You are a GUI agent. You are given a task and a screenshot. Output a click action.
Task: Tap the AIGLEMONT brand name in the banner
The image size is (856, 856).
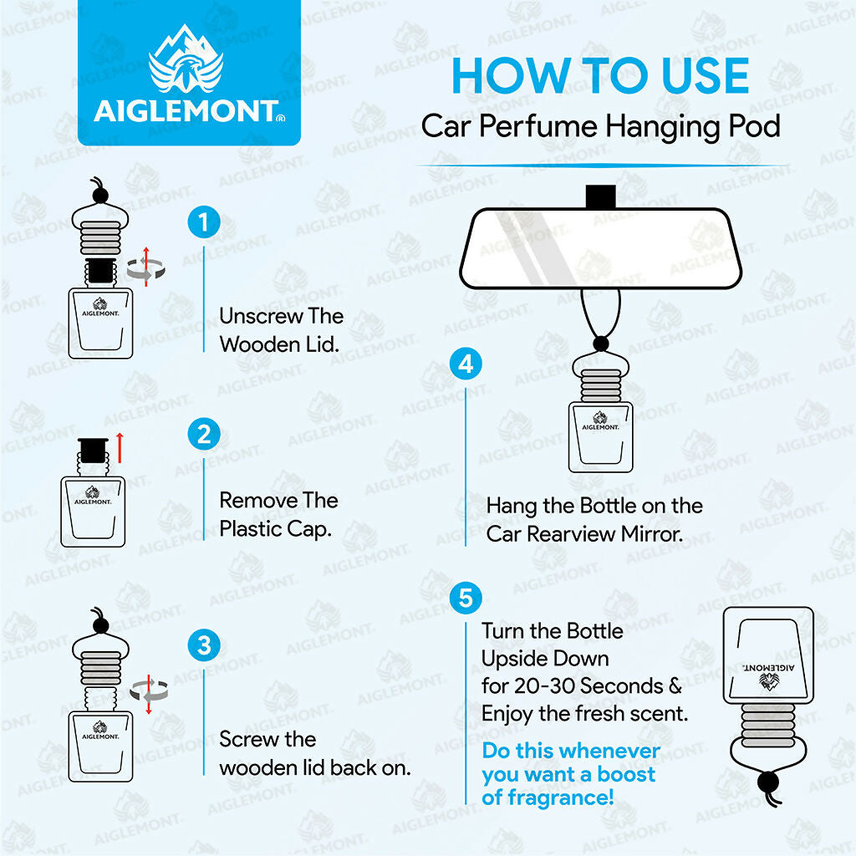point(186,111)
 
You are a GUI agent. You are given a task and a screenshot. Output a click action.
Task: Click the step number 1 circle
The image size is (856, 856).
point(204,223)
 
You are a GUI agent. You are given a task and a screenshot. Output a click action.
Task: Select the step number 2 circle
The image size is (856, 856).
point(204,435)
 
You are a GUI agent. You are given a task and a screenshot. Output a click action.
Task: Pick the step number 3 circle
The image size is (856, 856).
point(204,645)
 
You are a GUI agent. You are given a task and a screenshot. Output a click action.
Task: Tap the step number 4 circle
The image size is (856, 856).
point(466,364)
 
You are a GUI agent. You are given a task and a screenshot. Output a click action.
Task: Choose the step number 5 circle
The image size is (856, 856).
point(466,599)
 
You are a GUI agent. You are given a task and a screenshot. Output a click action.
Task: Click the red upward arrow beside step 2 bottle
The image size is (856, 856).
point(120,447)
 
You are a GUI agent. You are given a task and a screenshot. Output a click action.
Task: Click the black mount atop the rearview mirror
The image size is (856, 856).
point(600,196)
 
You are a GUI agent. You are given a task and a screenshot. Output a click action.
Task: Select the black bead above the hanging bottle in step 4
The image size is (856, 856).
point(599,343)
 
